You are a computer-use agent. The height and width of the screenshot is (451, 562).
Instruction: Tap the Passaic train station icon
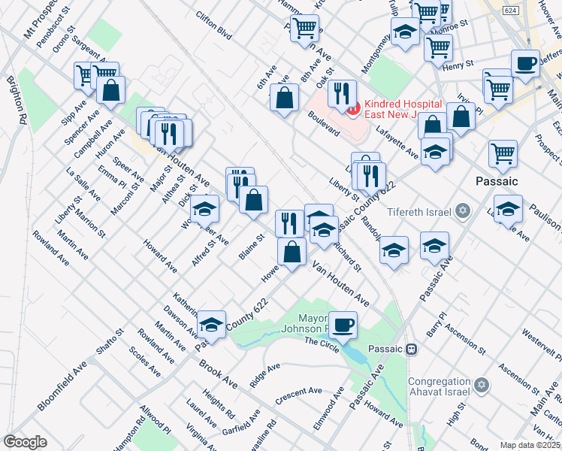pos(412,350)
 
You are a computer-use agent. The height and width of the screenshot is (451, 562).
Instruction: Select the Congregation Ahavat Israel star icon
pos(482,386)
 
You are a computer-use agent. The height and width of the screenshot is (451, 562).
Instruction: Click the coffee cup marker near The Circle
pos(343,325)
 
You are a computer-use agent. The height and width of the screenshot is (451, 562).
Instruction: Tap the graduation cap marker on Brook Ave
pos(212,325)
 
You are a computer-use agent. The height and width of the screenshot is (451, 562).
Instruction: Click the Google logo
pos(25,442)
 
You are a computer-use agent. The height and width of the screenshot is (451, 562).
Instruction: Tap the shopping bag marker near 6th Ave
pos(285,98)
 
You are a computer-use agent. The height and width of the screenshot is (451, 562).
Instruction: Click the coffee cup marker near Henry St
pos(525,63)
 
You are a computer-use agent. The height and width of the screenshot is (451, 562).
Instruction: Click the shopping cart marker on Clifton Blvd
pos(304,28)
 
